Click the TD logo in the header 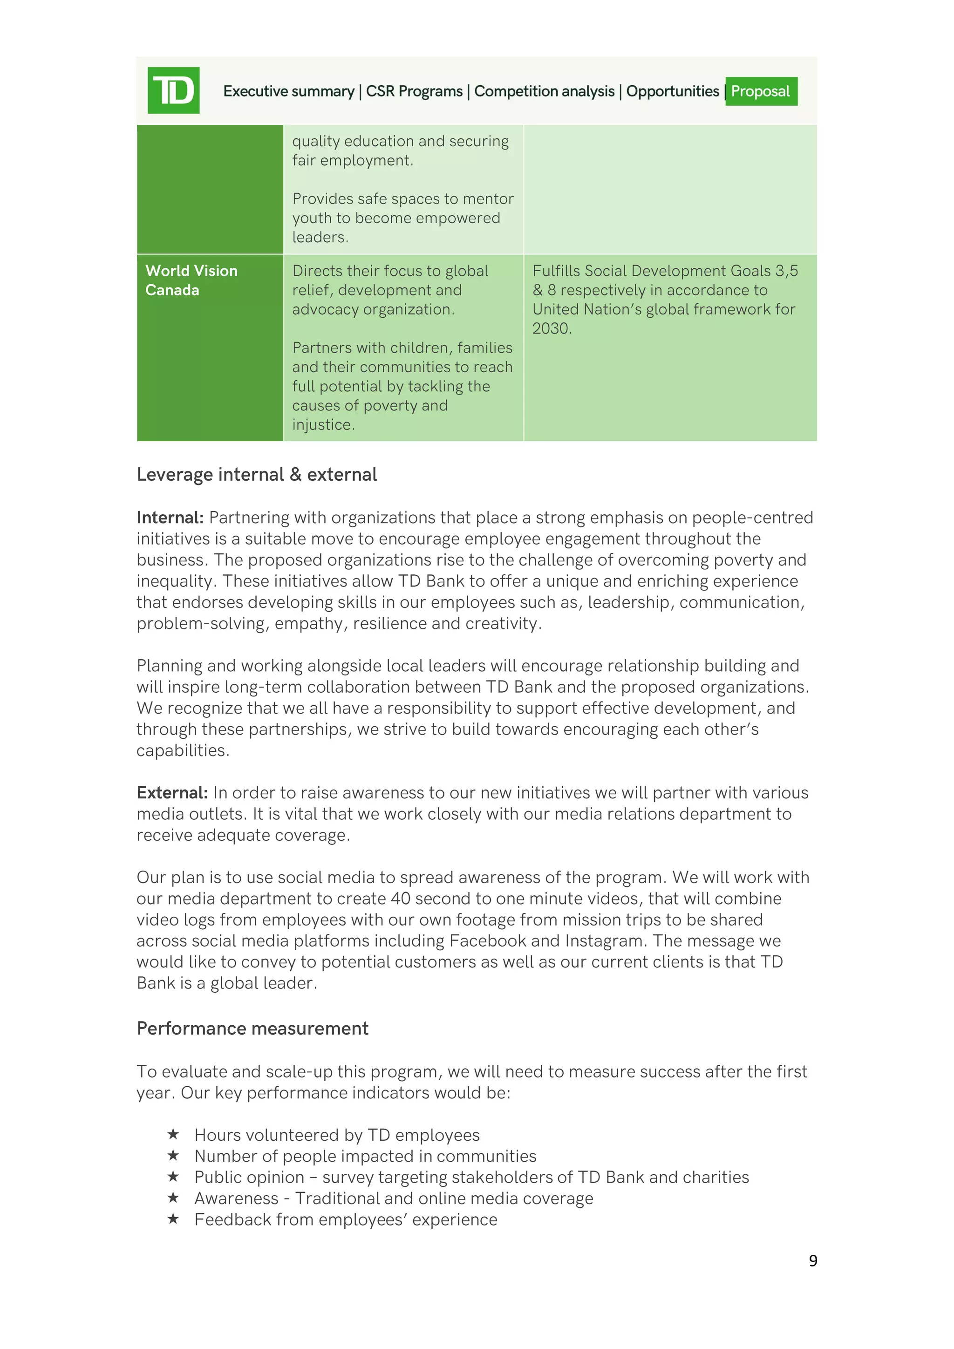tap(173, 90)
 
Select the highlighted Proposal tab tap(761, 91)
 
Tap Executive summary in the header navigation tap(288, 91)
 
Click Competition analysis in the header tap(544, 91)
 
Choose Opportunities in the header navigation tap(672, 91)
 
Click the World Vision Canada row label tap(191, 280)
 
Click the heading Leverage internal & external tap(257, 474)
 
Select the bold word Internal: tap(170, 518)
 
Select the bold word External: tap(172, 793)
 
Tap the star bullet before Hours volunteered tap(173, 1134)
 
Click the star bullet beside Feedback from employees tap(173, 1219)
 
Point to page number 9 tap(812, 1260)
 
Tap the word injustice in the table tap(322, 425)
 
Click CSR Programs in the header tap(414, 91)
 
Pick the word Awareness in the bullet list tap(236, 1198)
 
